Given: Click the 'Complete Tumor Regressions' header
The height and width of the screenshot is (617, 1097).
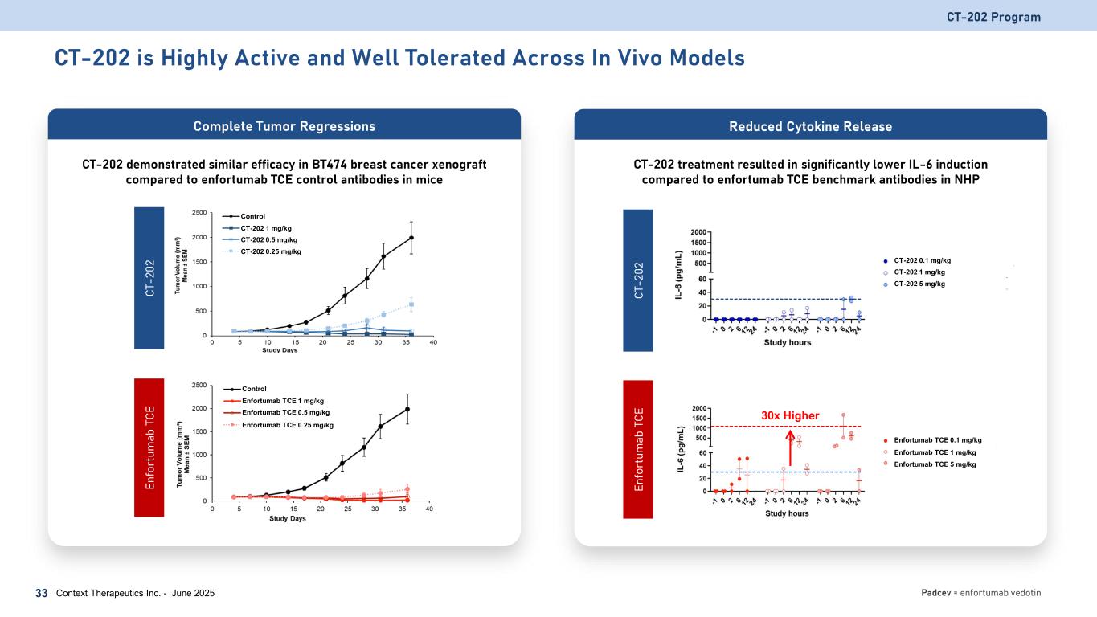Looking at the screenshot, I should pyautogui.click(x=284, y=126).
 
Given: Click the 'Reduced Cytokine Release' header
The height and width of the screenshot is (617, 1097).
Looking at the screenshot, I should pyautogui.click(x=811, y=126).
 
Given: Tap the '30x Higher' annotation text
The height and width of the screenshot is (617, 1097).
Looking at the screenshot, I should pyautogui.click(x=790, y=415).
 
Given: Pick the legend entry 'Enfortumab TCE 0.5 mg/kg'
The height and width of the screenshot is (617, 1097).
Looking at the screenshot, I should pyautogui.click(x=285, y=412).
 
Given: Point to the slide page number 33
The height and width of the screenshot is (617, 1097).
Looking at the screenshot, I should pyautogui.click(x=42, y=593).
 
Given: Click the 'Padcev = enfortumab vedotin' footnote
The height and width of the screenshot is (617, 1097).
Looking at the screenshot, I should pyautogui.click(x=980, y=593).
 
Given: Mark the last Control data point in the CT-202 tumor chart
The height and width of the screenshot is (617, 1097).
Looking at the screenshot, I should pyautogui.click(x=411, y=238).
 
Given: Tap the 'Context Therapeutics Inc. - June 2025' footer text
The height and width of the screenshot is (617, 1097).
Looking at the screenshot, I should pyautogui.click(x=135, y=593).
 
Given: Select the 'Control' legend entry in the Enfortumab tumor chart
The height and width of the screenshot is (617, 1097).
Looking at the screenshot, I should pyautogui.click(x=256, y=389).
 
